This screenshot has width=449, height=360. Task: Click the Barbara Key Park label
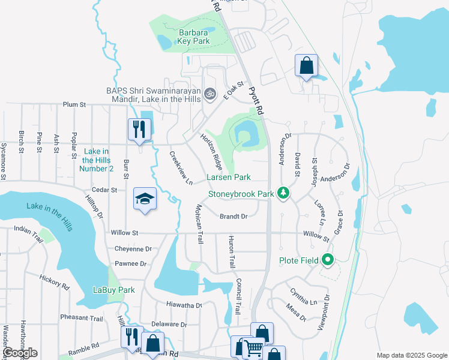coord(193,37)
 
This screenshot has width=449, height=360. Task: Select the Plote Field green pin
coord(327,260)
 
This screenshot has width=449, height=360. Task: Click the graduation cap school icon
coord(145,200)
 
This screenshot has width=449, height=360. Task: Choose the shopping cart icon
coord(253,347)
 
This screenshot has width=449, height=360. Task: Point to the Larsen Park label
coord(229,178)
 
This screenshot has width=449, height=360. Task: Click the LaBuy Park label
coord(114,290)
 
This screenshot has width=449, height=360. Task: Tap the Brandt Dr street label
coord(234,216)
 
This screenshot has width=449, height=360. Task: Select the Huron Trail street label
coord(230,252)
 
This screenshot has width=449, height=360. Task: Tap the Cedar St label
coord(104,190)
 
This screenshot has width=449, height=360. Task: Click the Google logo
coord(20,353)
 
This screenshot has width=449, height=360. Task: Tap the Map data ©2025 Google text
coord(411,355)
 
